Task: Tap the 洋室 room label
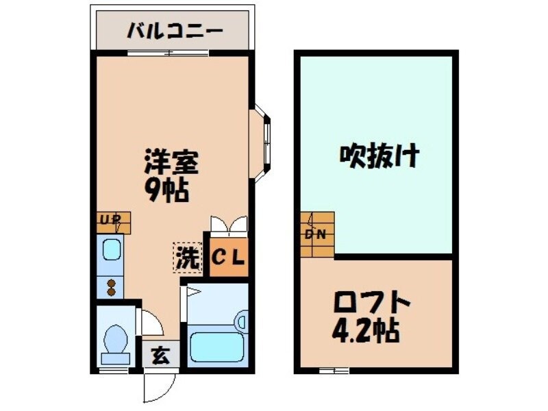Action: click(171, 164)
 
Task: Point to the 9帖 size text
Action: click(166, 191)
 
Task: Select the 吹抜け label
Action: click(379, 157)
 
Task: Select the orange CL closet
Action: click(227, 257)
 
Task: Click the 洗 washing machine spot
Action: click(187, 257)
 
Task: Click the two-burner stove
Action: click(110, 283)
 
